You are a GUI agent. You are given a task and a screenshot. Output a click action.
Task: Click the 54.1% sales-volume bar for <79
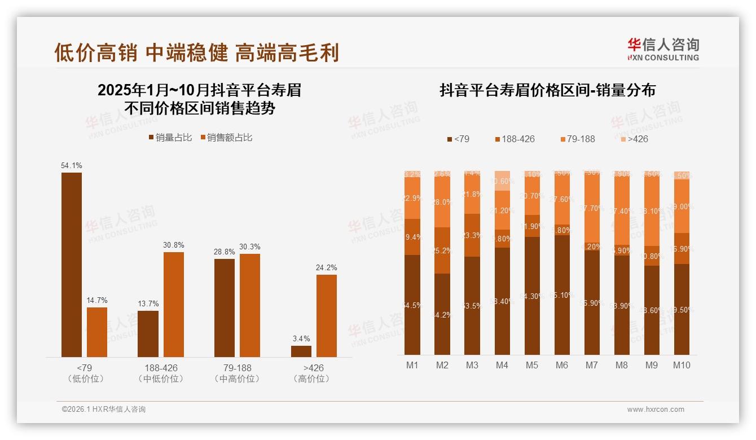[x=72, y=265]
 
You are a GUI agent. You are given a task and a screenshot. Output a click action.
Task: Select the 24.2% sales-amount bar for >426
[x=326, y=315]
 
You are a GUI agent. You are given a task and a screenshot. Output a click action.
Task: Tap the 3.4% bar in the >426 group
[x=301, y=351]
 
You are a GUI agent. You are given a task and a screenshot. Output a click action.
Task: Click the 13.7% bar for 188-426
[x=148, y=333]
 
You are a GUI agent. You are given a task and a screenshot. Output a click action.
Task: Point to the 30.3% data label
[x=250, y=247]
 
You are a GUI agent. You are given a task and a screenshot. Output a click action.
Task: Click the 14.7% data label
[x=97, y=301]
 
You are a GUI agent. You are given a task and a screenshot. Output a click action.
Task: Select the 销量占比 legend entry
[x=170, y=138]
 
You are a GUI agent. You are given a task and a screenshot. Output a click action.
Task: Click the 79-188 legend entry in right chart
[x=577, y=139]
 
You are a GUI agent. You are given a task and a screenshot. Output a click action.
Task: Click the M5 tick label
[x=531, y=365]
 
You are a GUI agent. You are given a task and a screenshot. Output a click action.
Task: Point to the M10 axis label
[x=682, y=365]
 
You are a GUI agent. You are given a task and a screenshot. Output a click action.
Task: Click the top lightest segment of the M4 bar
[x=502, y=181]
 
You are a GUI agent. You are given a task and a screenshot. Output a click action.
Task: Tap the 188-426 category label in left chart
[x=160, y=368]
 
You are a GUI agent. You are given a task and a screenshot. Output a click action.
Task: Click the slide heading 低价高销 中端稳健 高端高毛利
[x=196, y=52]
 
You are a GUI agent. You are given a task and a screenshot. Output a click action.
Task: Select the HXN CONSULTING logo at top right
[x=663, y=50]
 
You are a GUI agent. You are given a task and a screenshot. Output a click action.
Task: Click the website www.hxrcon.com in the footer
[x=656, y=410]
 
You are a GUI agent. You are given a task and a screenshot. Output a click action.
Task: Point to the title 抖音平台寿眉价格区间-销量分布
[x=547, y=91]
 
